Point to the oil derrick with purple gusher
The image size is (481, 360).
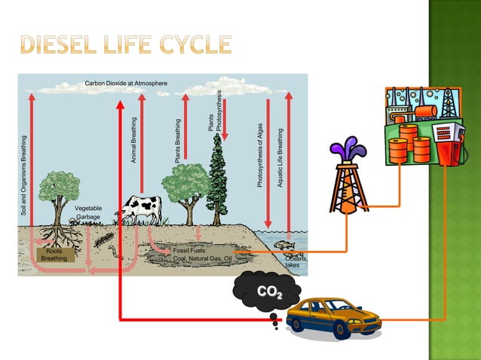coord(347,181)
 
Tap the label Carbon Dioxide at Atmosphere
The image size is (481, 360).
coord(126,82)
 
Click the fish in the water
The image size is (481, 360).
coord(283,244)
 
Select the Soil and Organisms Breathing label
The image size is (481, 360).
coord(23,178)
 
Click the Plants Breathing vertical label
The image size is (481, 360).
coord(178,141)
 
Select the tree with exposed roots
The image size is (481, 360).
coord(57,203)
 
